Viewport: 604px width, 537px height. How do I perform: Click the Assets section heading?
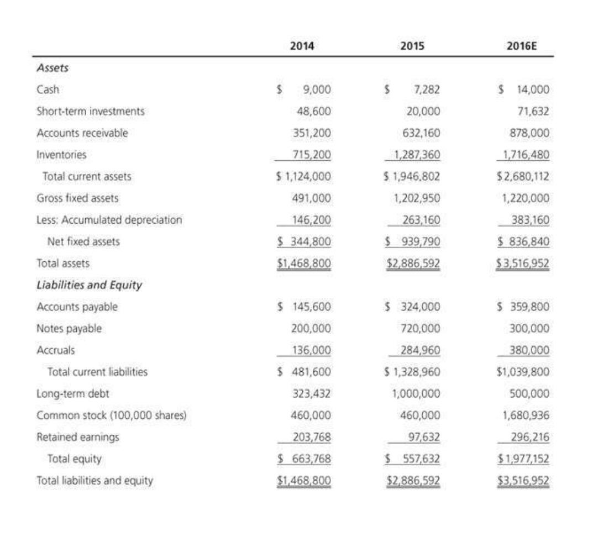click(x=52, y=68)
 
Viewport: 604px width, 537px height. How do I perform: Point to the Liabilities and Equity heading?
click(x=89, y=285)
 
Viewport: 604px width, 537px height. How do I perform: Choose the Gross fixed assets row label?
click(x=77, y=198)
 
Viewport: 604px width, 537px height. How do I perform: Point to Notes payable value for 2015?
click(x=423, y=329)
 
